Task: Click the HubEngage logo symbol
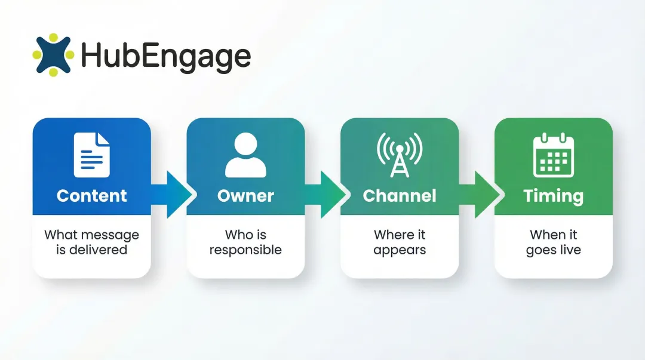[x=53, y=55]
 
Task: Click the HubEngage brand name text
[x=165, y=56]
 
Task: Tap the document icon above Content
[x=92, y=155]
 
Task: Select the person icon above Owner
[x=245, y=155]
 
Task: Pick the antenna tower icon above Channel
[x=399, y=155]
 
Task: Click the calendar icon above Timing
[x=553, y=155]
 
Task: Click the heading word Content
[x=92, y=196]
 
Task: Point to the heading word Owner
[x=245, y=196]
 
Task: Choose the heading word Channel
[x=400, y=196]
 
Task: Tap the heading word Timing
[x=553, y=196]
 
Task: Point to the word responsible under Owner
[x=245, y=250]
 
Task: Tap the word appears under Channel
[x=400, y=250]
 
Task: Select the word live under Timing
[x=569, y=250]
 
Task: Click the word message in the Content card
[x=109, y=235]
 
